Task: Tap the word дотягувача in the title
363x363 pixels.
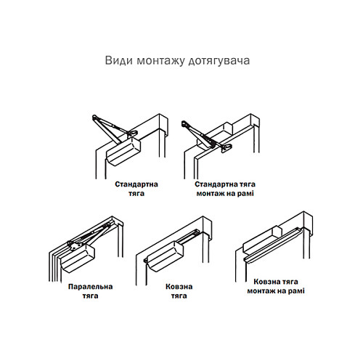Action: [221, 61]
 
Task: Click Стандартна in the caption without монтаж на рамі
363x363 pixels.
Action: [136, 184]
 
